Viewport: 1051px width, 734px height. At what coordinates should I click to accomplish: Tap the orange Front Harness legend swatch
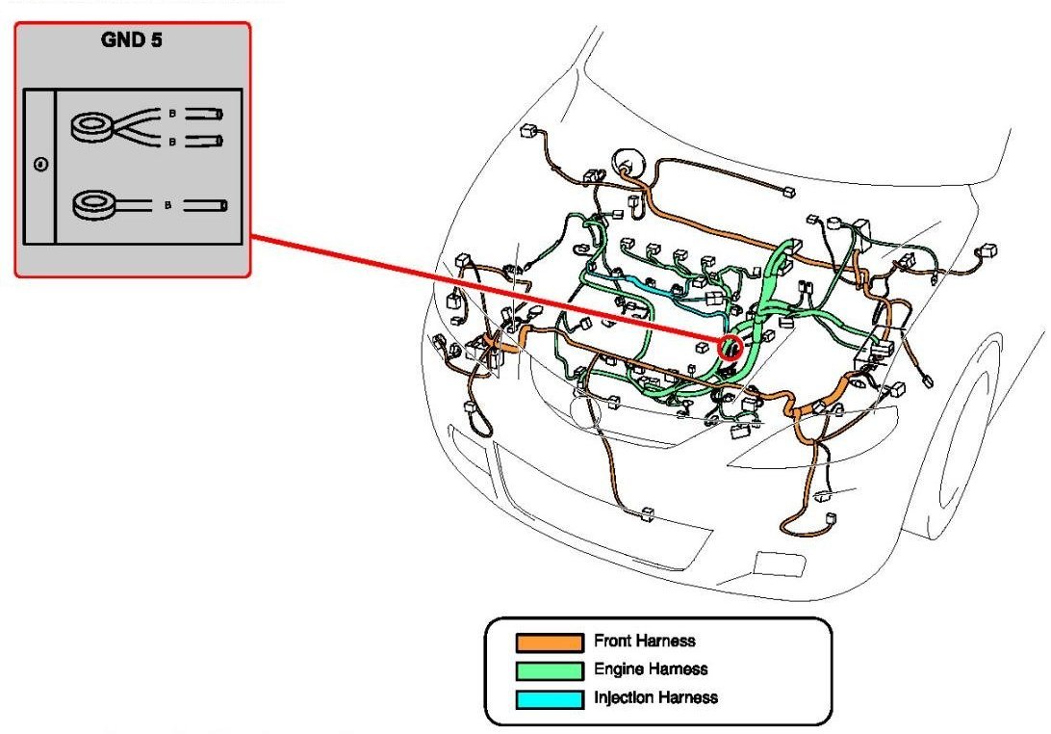tap(549, 642)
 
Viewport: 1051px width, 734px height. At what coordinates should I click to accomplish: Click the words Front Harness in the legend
tap(645, 642)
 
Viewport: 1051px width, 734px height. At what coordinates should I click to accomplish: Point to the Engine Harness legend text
tap(651, 669)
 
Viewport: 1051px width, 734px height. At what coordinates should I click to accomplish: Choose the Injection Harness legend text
tap(655, 697)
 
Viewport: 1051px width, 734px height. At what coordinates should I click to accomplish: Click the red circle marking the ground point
tap(731, 348)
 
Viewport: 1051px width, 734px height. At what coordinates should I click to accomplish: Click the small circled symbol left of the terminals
tap(40, 165)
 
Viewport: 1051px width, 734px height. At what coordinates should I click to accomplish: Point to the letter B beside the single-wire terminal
tap(168, 205)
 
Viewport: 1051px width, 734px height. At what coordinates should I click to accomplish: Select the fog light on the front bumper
tap(772, 564)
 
